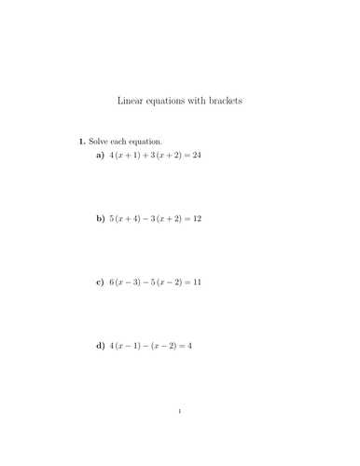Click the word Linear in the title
pyautogui.click(x=130, y=101)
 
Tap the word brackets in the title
pyautogui.click(x=225, y=101)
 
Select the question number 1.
pyautogui.click(x=82, y=141)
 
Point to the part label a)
pyautogui.click(x=100, y=155)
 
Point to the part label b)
pyautogui.click(x=100, y=218)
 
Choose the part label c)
pyautogui.click(x=100, y=281)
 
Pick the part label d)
pyautogui.click(x=100, y=345)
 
